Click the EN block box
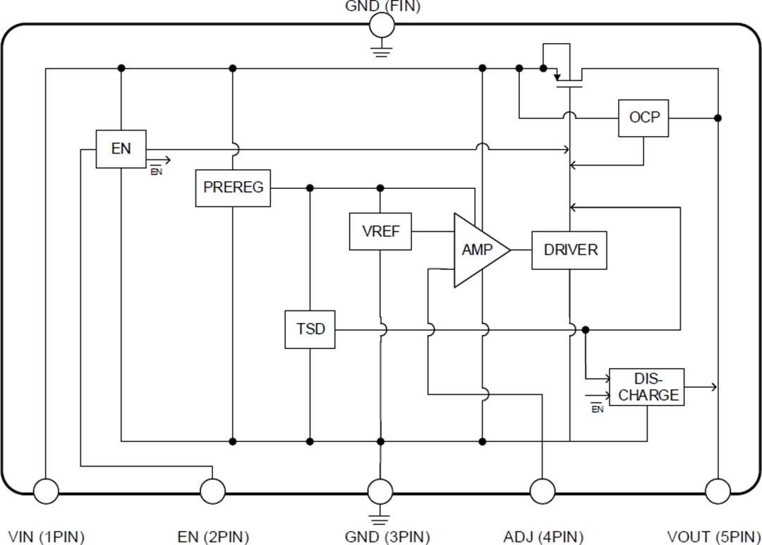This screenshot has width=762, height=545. coord(121,149)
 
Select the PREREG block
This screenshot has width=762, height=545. coord(233,188)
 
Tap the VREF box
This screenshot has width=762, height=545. coord(380,231)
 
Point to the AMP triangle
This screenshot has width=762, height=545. coord(477,250)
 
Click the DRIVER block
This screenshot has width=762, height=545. coord(569,250)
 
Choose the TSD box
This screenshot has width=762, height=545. coord(310,329)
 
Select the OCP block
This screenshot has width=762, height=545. coord(643,117)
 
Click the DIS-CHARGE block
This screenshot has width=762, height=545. coord(647,387)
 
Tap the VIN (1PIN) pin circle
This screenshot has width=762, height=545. coord(46,491)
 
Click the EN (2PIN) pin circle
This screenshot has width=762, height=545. coord(212,491)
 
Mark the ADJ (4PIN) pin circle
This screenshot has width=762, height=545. coord(542,491)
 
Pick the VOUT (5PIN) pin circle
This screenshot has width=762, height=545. coord(718,491)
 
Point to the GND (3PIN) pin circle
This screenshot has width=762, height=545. coord(380,491)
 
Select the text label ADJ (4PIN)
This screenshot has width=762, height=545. coord(543,537)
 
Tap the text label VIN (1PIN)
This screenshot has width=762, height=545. coord(47,537)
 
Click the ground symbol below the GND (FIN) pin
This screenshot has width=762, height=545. coord(382,49)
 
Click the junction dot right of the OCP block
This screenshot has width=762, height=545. coord(718,118)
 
